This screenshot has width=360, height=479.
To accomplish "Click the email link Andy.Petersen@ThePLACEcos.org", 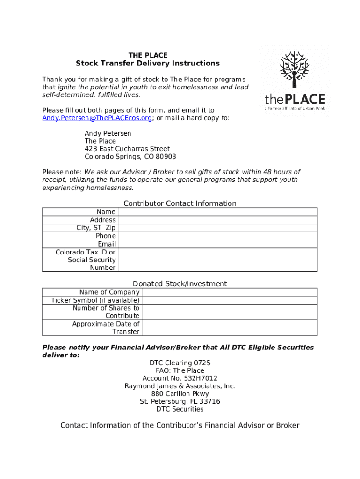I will click(x=97, y=118).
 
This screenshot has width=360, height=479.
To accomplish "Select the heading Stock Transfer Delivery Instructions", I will click(x=148, y=63).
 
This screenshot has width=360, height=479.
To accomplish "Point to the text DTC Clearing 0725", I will click(x=180, y=363).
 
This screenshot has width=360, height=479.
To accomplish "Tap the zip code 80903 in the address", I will click(x=166, y=157).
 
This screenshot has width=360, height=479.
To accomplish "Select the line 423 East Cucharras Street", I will click(x=127, y=149).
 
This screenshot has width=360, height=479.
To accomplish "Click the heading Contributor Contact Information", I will click(x=180, y=203).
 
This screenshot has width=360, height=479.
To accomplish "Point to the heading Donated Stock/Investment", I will click(x=180, y=283).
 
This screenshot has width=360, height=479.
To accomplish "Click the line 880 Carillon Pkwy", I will click(x=180, y=394).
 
